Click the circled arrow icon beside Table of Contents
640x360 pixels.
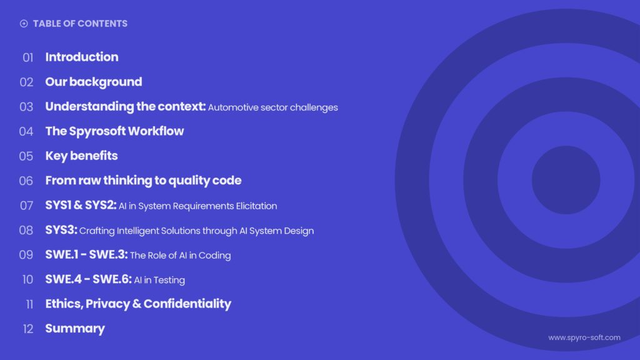pyautogui.click(x=24, y=24)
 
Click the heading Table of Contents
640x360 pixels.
pyautogui.click(x=80, y=24)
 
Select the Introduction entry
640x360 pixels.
pyautogui.click(x=81, y=57)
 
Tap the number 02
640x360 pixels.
pyautogui.click(x=26, y=82)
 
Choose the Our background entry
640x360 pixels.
pyautogui.click(x=93, y=82)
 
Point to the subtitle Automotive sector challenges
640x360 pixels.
pyautogui.click(x=272, y=107)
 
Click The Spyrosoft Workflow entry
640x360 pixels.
pyautogui.click(x=114, y=131)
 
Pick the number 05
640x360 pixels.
pyautogui.click(x=26, y=156)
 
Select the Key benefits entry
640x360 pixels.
pyautogui.click(x=81, y=156)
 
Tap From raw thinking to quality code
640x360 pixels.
pyautogui.click(x=143, y=181)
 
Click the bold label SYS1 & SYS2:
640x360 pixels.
pyautogui.click(x=81, y=205)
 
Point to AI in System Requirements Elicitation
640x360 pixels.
pyautogui.click(x=197, y=206)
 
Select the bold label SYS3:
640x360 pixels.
pyautogui.click(x=61, y=230)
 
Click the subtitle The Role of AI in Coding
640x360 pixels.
pyautogui.click(x=180, y=255)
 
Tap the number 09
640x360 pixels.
pyautogui.click(x=26, y=255)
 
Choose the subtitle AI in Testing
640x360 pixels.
pyautogui.click(x=159, y=280)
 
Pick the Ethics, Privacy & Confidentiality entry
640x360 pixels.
pyautogui.click(x=138, y=304)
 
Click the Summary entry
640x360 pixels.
pyautogui.click(x=75, y=328)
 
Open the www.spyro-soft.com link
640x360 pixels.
pyautogui.click(x=584, y=337)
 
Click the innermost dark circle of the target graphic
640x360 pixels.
pyautogui.click(x=566, y=180)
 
